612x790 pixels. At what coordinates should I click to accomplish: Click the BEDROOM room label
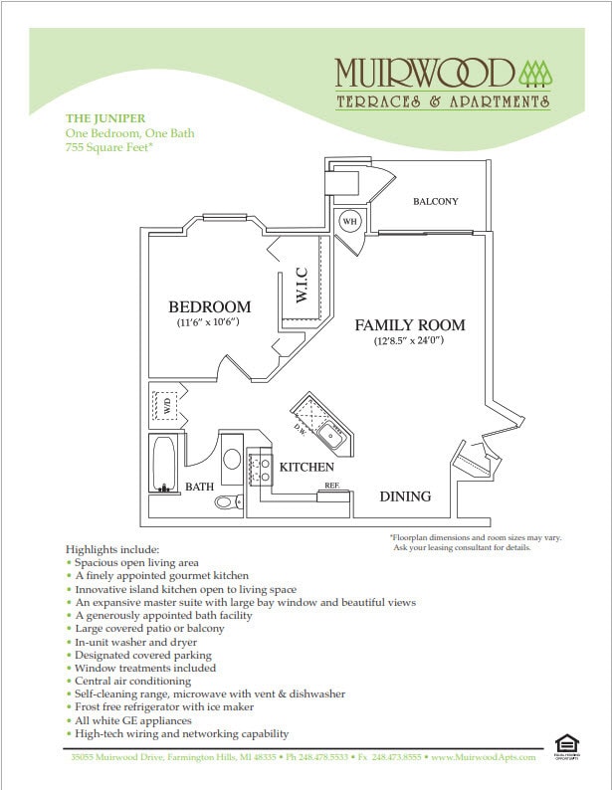[x=209, y=306]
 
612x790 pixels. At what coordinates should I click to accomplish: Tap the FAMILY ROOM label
[x=409, y=325]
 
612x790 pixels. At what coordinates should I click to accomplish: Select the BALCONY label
[x=435, y=202]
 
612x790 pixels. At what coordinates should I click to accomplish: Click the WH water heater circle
[x=350, y=221]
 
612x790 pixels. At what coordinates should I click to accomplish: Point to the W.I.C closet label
[x=303, y=286]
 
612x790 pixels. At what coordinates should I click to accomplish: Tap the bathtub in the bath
[x=164, y=463]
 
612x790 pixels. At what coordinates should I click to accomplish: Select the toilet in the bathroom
[x=228, y=501]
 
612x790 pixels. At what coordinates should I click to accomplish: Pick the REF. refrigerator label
[x=332, y=487]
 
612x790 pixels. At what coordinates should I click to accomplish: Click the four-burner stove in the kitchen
[x=260, y=468]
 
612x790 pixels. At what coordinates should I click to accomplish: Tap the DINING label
[x=405, y=496]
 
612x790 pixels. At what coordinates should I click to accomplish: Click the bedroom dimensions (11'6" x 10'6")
[x=209, y=323]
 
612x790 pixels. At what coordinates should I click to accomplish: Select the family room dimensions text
[x=409, y=341]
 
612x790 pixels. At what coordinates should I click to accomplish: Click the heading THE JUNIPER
[x=104, y=117]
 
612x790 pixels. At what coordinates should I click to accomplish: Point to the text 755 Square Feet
[x=108, y=147]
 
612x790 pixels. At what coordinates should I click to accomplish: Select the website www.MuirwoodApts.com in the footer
[x=483, y=758]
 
